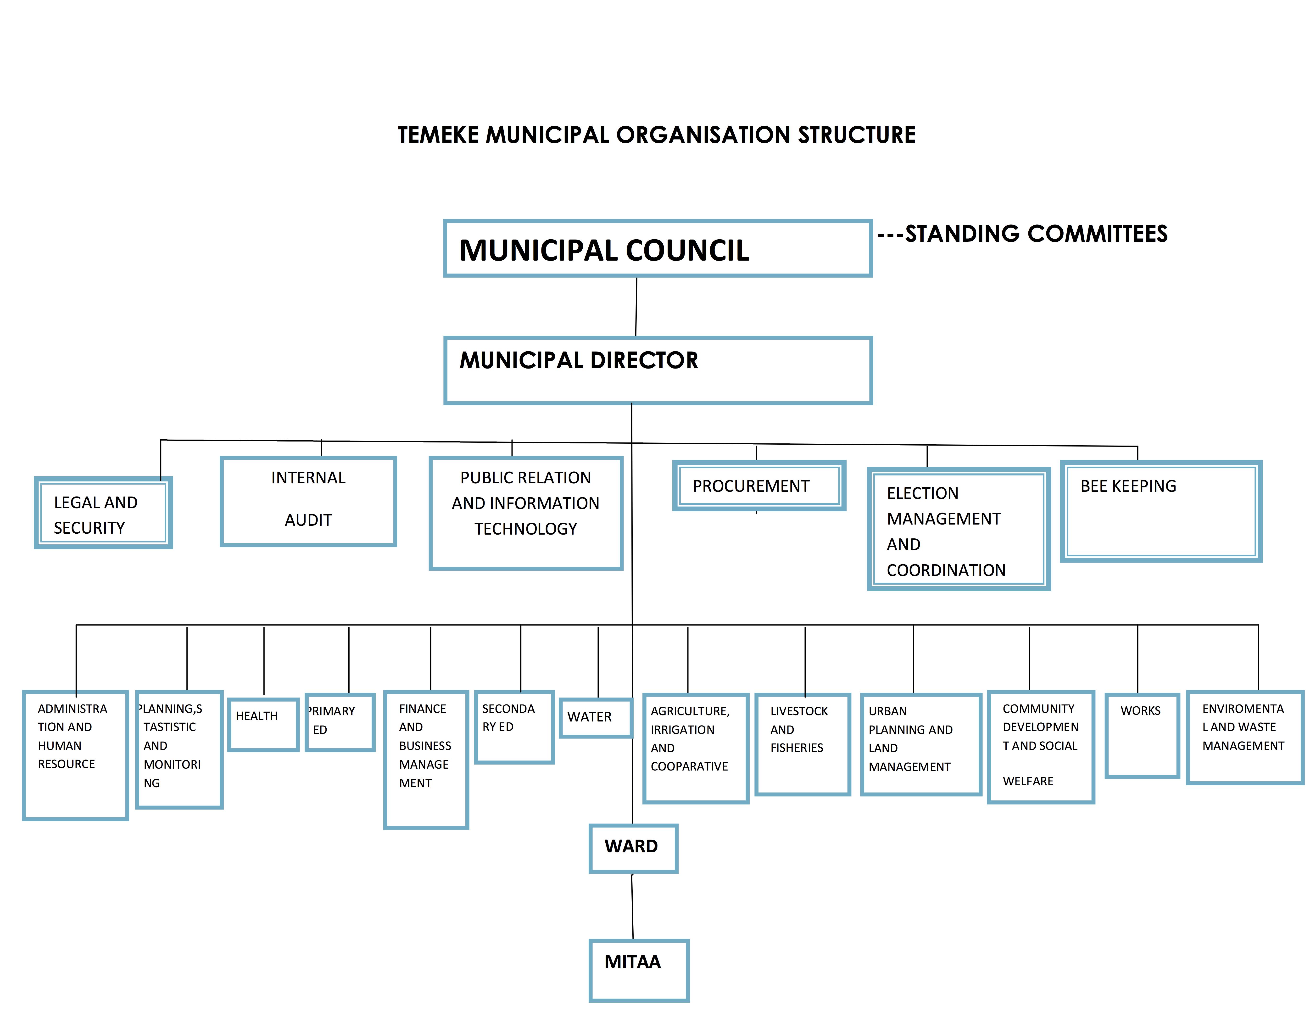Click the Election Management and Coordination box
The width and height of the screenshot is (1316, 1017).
(x=959, y=529)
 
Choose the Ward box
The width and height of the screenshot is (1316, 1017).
(x=633, y=848)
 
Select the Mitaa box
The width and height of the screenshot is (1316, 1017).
(x=639, y=970)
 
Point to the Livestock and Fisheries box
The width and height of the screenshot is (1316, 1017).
(x=803, y=744)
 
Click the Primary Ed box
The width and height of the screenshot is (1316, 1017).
(x=340, y=722)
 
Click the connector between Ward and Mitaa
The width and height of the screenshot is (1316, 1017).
(x=633, y=906)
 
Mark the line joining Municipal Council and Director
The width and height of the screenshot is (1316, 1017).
(x=636, y=307)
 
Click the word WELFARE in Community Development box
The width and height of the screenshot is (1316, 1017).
(x=1028, y=781)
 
